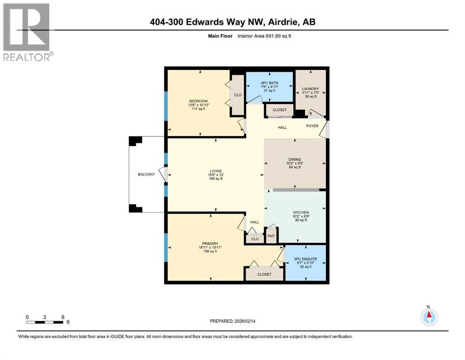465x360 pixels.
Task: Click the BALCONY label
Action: point(146,174)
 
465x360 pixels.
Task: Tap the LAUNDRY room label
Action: point(310,89)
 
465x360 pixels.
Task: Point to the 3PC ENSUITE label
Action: point(305,259)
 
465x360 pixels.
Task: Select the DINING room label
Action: point(295,159)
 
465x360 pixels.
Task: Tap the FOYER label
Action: point(312,126)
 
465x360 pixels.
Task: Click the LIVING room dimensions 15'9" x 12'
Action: point(215,175)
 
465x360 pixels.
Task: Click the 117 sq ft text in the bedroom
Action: point(198,109)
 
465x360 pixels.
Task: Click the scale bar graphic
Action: point(45,322)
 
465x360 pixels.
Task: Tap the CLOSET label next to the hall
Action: point(280,110)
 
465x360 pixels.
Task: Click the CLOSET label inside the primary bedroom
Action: point(264,274)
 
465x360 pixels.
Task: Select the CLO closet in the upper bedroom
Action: point(238,95)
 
